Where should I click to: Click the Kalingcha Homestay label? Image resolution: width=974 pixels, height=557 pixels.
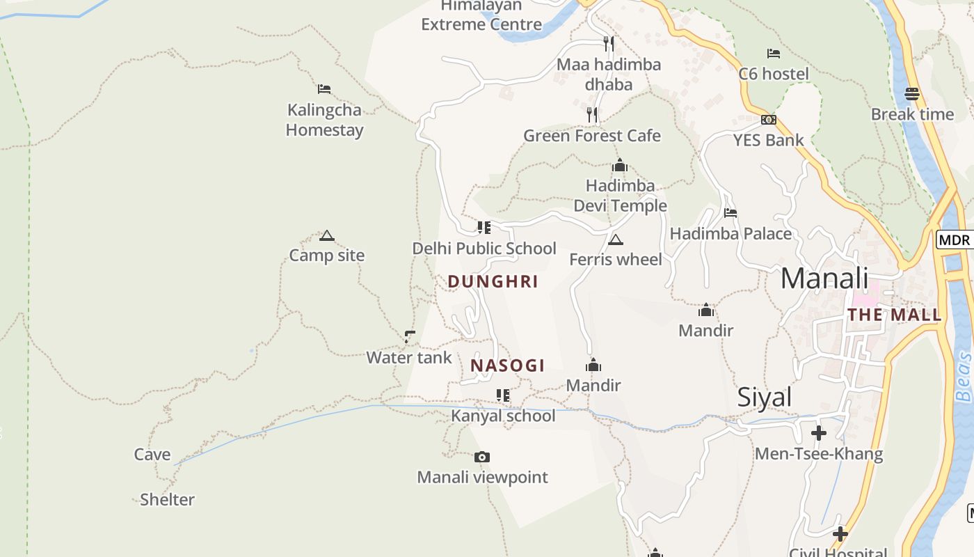point(324,120)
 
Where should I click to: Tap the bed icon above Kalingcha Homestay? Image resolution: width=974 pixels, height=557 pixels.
point(324,88)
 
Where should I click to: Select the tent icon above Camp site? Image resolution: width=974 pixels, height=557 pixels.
point(327,235)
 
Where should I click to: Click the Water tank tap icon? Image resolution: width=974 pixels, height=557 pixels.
point(410,337)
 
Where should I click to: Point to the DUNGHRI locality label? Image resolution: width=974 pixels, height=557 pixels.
point(493,281)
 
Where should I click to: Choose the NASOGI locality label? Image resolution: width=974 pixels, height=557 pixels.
point(507,366)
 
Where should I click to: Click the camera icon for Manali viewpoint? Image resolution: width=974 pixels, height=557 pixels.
point(482,457)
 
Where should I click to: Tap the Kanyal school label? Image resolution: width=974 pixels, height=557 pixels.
point(503,416)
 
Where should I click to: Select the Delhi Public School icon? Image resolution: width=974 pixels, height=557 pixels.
point(484,227)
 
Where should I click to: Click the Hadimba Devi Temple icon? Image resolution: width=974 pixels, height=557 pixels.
point(620,166)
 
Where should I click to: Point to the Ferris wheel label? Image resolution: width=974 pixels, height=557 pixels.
point(616,260)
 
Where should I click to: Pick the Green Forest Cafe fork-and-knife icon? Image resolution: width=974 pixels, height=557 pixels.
point(592,115)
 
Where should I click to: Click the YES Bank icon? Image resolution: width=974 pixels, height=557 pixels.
point(769,120)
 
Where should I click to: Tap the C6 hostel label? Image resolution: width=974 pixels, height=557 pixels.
point(774,74)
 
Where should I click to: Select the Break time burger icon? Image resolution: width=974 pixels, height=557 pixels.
point(912,93)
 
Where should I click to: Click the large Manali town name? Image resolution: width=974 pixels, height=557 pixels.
point(824,278)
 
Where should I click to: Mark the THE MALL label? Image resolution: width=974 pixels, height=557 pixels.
point(894,315)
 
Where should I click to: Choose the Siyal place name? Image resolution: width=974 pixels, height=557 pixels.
point(765,397)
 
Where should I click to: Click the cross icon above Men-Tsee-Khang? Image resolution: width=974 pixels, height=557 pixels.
point(819,433)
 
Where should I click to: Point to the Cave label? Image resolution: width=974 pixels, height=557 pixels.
point(152,455)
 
